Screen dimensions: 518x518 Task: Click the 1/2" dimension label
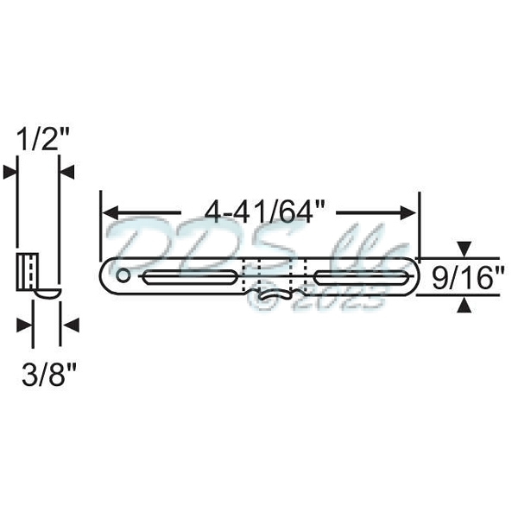click(x=40, y=139)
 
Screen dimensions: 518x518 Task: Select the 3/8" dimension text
click(x=47, y=375)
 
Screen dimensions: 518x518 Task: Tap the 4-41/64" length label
click(x=260, y=211)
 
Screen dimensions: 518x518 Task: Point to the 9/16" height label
click(x=467, y=277)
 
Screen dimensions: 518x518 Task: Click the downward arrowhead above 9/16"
click(x=464, y=251)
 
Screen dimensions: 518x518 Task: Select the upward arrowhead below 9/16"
click(x=464, y=303)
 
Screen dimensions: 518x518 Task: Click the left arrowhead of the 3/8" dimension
click(x=25, y=325)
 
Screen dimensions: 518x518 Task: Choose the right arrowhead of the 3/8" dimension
click(x=68, y=325)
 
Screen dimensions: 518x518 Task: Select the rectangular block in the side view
click(x=28, y=272)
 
